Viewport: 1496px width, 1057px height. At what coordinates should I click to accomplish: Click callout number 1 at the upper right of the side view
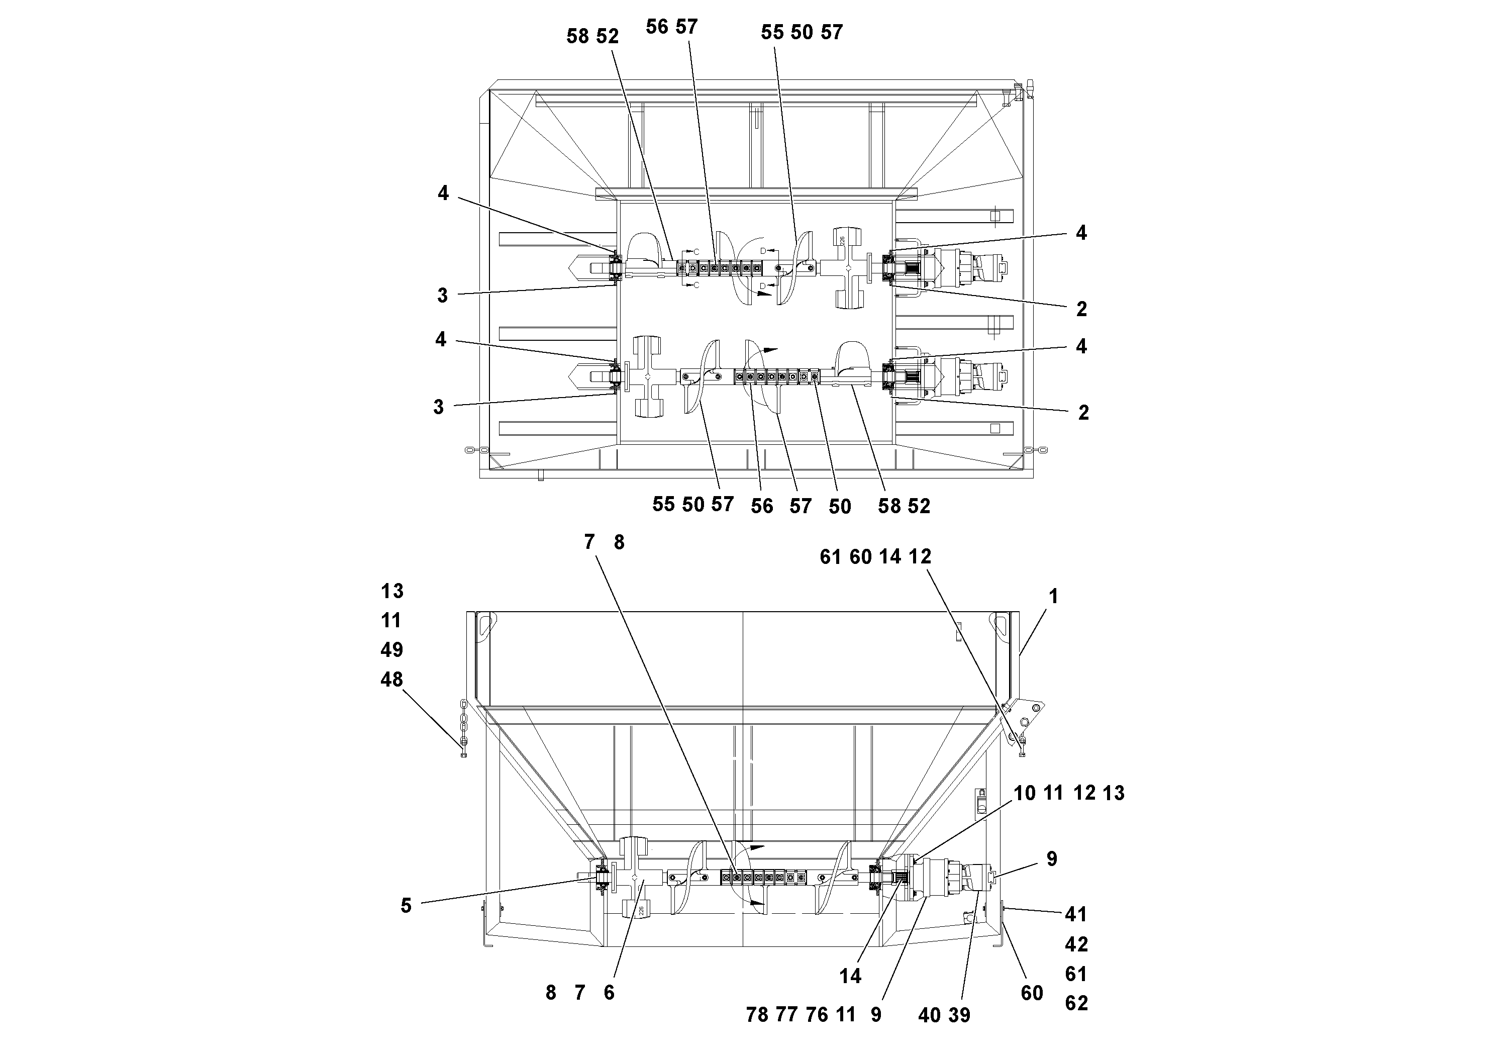click(x=1053, y=596)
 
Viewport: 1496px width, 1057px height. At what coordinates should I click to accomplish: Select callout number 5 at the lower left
click(x=406, y=906)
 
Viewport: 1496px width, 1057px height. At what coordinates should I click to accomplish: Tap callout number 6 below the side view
click(x=609, y=993)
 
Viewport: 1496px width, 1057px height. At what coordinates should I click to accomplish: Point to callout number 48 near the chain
click(x=391, y=680)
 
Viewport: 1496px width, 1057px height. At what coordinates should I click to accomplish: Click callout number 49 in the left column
click(x=391, y=650)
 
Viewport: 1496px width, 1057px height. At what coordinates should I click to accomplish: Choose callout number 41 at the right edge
click(x=1076, y=915)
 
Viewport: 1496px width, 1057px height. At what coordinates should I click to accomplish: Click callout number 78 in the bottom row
click(x=757, y=1015)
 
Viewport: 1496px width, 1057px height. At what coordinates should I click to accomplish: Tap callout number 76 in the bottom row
click(x=817, y=1015)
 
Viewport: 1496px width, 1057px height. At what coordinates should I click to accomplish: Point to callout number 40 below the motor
click(x=929, y=1015)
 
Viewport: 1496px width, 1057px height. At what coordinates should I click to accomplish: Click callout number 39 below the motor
click(x=959, y=1015)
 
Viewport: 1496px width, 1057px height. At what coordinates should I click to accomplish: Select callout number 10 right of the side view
click(x=1024, y=793)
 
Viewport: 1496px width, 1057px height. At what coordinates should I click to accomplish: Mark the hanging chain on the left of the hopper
click(x=464, y=727)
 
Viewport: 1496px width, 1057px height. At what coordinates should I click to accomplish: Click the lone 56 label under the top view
click(x=762, y=506)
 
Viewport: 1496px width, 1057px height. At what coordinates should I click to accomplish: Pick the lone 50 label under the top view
click(x=840, y=506)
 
